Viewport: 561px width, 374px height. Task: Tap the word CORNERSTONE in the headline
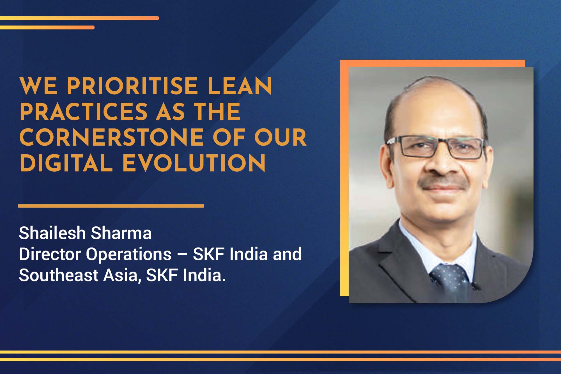pyautogui.click(x=112, y=137)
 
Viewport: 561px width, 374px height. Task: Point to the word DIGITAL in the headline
pyautogui.click(x=66, y=163)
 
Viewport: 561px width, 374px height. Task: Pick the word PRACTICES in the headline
pyautogui.click(x=83, y=112)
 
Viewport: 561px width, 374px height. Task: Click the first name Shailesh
pyautogui.click(x=52, y=233)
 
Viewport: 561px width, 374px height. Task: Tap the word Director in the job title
pyautogui.click(x=50, y=254)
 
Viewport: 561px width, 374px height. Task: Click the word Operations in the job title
pyautogui.click(x=129, y=254)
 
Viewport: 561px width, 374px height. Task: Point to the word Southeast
pyautogui.click(x=58, y=275)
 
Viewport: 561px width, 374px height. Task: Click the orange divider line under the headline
pyautogui.click(x=111, y=206)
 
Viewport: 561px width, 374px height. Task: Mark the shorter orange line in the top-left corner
pyautogui.click(x=47, y=27)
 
